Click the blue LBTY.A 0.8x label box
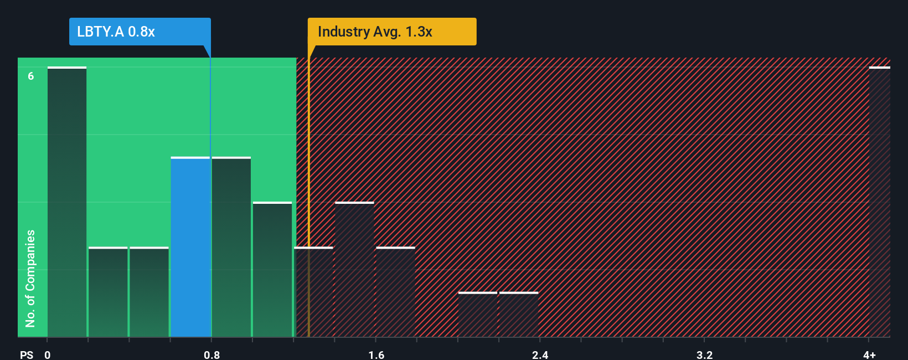[140, 32]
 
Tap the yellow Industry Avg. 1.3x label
[391, 32]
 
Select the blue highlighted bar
[190, 247]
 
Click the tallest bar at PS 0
[67, 202]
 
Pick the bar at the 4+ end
[879, 202]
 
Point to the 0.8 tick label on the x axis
[211, 354]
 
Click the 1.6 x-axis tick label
[376, 354]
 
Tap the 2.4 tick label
[540, 354]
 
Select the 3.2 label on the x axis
[704, 354]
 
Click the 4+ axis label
[869, 354]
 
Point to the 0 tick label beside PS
[48, 354]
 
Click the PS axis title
[27, 354]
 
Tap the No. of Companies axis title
[30, 278]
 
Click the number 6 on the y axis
[31, 76]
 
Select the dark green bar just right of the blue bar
[231, 247]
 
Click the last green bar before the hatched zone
[272, 270]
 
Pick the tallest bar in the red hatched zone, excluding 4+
[354, 270]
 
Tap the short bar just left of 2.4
[519, 315]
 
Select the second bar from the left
[108, 292]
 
